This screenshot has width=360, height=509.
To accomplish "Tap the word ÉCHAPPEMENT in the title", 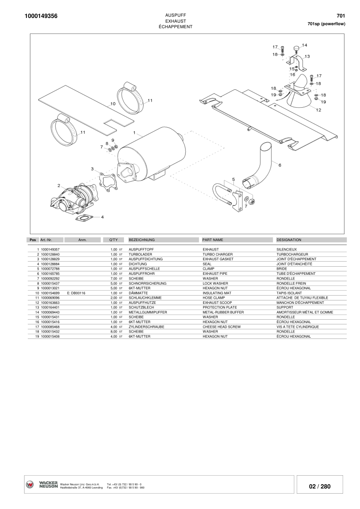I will click(175, 26).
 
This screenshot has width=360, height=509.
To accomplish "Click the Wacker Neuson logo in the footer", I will click(30, 485).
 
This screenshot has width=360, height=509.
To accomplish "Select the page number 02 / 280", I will click(319, 486).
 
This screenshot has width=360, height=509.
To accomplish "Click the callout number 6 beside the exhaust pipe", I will click(280, 165).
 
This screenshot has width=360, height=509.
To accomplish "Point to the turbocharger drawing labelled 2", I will click(75, 200).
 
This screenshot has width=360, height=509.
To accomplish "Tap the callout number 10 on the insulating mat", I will click(112, 104).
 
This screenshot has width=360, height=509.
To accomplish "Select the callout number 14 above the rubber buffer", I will click(304, 45).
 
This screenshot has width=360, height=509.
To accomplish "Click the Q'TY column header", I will click(113, 240).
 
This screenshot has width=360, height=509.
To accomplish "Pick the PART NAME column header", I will click(212, 240).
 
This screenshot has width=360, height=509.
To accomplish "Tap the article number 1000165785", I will click(50, 274).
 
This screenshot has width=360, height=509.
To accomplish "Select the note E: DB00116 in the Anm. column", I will click(76, 293).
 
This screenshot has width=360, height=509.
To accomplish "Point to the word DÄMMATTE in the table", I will click(138, 293).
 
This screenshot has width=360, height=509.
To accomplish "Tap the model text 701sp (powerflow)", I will click(326, 24).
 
